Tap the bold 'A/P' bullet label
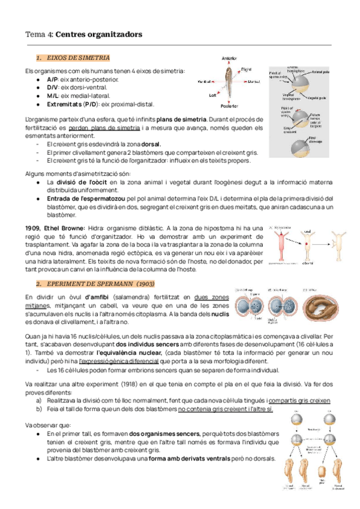(52, 79)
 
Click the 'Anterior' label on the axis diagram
(229, 58)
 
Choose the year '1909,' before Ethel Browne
(34, 229)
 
